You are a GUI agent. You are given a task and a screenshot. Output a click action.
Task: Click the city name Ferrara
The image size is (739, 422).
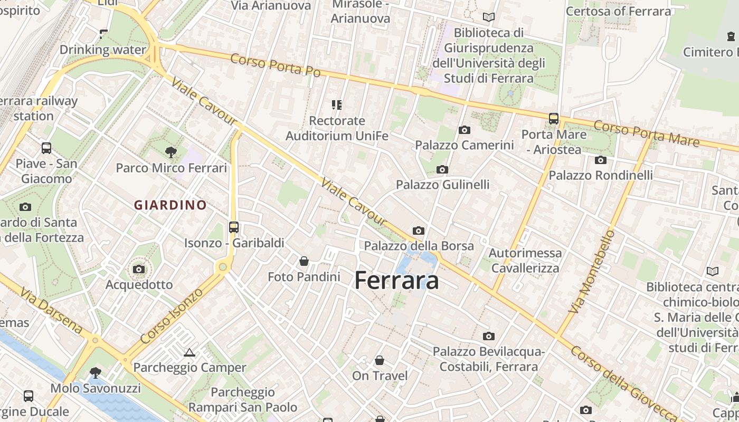coord(396,280)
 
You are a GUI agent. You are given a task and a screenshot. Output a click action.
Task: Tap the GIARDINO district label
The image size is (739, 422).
coord(170,205)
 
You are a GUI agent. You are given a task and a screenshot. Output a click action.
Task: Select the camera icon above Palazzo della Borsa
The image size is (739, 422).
coord(419,231)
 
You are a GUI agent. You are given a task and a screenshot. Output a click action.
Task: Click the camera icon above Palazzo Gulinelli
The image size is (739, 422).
coord(442,169)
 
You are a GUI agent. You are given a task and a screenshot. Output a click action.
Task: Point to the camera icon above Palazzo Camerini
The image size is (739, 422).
coord(465,130)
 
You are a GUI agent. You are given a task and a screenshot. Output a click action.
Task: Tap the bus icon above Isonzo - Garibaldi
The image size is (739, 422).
coord(234,227)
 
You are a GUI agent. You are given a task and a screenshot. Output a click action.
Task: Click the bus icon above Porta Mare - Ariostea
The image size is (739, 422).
coord(553,119)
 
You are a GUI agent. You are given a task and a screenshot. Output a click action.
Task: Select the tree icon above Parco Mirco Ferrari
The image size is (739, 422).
coord(170,152)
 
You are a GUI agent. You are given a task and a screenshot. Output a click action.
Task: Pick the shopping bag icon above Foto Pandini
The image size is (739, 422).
coord(304,261)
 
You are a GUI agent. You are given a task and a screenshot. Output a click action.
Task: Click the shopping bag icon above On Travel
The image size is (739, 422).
coord(380,360)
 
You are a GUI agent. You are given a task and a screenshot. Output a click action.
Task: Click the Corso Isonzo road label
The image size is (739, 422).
coord(172,314)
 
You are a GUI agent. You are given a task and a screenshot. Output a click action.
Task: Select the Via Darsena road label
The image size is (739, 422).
coord(51,311)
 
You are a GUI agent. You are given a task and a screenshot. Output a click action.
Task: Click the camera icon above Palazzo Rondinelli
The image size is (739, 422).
coord(600,160)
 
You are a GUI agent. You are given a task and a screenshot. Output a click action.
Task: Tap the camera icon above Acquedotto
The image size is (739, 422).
coord(139,270)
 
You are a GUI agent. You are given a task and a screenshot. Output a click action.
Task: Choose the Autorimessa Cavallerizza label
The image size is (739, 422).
coord(525,260)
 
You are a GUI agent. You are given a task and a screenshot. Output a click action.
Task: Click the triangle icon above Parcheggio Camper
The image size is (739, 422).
coord(190,352)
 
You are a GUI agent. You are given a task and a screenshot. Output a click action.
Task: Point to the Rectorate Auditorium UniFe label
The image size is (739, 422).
coord(337,128)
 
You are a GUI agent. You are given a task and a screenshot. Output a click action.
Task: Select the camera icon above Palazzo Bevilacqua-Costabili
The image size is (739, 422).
coord(489,336)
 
